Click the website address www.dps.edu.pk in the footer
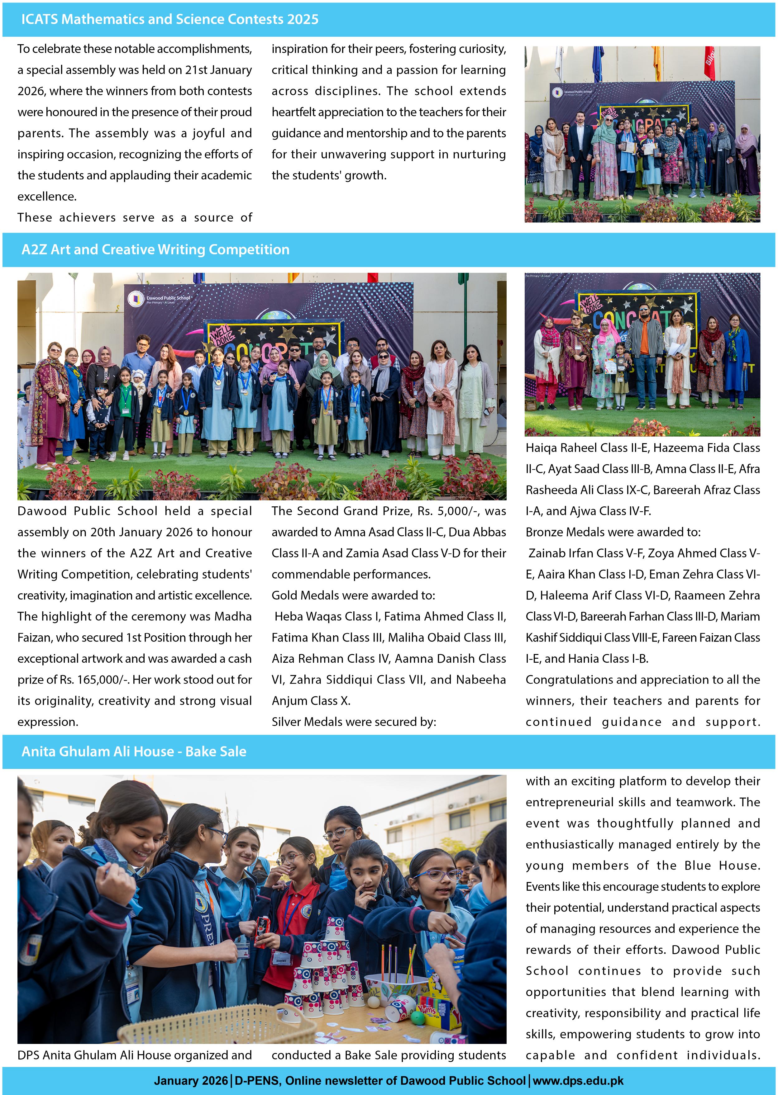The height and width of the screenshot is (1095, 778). [578, 1081]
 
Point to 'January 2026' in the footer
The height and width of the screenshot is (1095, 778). [191, 1081]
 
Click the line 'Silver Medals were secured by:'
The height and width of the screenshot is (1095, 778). [354, 722]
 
